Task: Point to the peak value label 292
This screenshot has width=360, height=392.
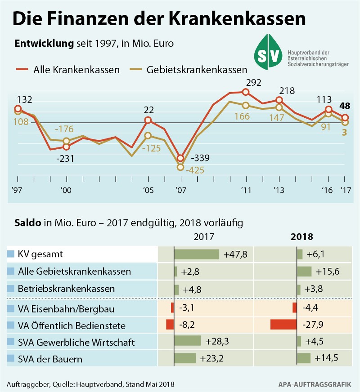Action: [254, 82]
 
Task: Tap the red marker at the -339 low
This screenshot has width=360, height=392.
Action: [180, 158]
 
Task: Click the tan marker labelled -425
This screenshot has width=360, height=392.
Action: [180, 167]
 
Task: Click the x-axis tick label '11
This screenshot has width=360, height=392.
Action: [245, 191]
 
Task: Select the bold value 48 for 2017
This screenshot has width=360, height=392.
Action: [345, 107]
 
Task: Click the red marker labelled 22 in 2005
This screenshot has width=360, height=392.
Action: [148, 120]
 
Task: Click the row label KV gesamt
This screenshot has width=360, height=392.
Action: [40, 254]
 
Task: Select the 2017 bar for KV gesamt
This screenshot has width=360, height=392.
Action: [196, 254]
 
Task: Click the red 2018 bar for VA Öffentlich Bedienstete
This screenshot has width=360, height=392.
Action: [283, 325]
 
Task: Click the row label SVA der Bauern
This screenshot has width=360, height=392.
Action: [50, 359]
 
